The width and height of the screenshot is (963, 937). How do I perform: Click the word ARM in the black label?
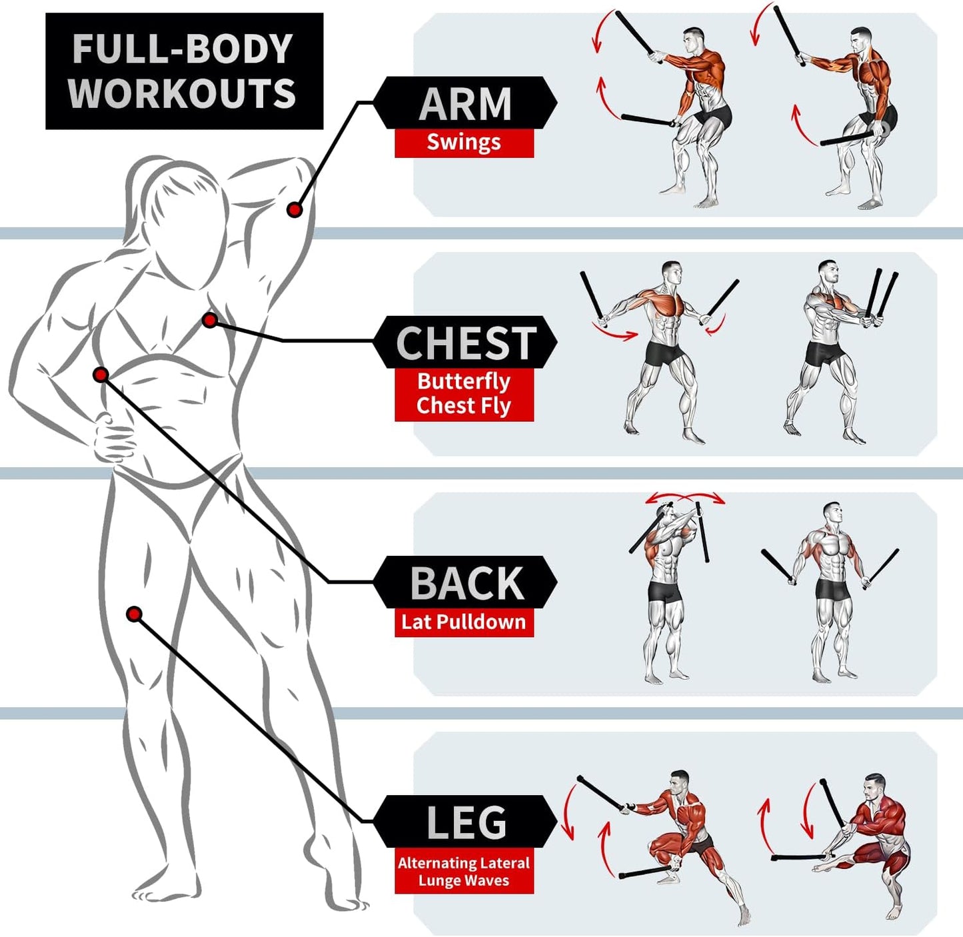pos(465,104)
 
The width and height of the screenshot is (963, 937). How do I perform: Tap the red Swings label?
pos(464,143)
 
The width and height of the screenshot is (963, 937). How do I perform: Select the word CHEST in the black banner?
pos(465,343)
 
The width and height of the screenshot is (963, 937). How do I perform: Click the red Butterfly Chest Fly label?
pos(464,394)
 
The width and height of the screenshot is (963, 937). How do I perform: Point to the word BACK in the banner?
pos(466,583)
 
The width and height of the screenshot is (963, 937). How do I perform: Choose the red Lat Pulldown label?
pos(464,622)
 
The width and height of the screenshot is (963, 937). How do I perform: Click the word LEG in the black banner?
pos(466,822)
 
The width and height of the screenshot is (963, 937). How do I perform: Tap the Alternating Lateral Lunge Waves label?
pos(464,872)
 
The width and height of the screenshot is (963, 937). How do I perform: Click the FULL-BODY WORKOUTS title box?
pos(184,71)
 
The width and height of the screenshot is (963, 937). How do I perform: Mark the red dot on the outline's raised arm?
pos(295,210)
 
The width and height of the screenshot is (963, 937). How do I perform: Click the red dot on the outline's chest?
pos(210,321)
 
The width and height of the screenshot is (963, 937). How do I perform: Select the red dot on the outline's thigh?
pos(134,614)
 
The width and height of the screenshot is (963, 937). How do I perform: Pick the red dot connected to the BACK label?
pos(101,375)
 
